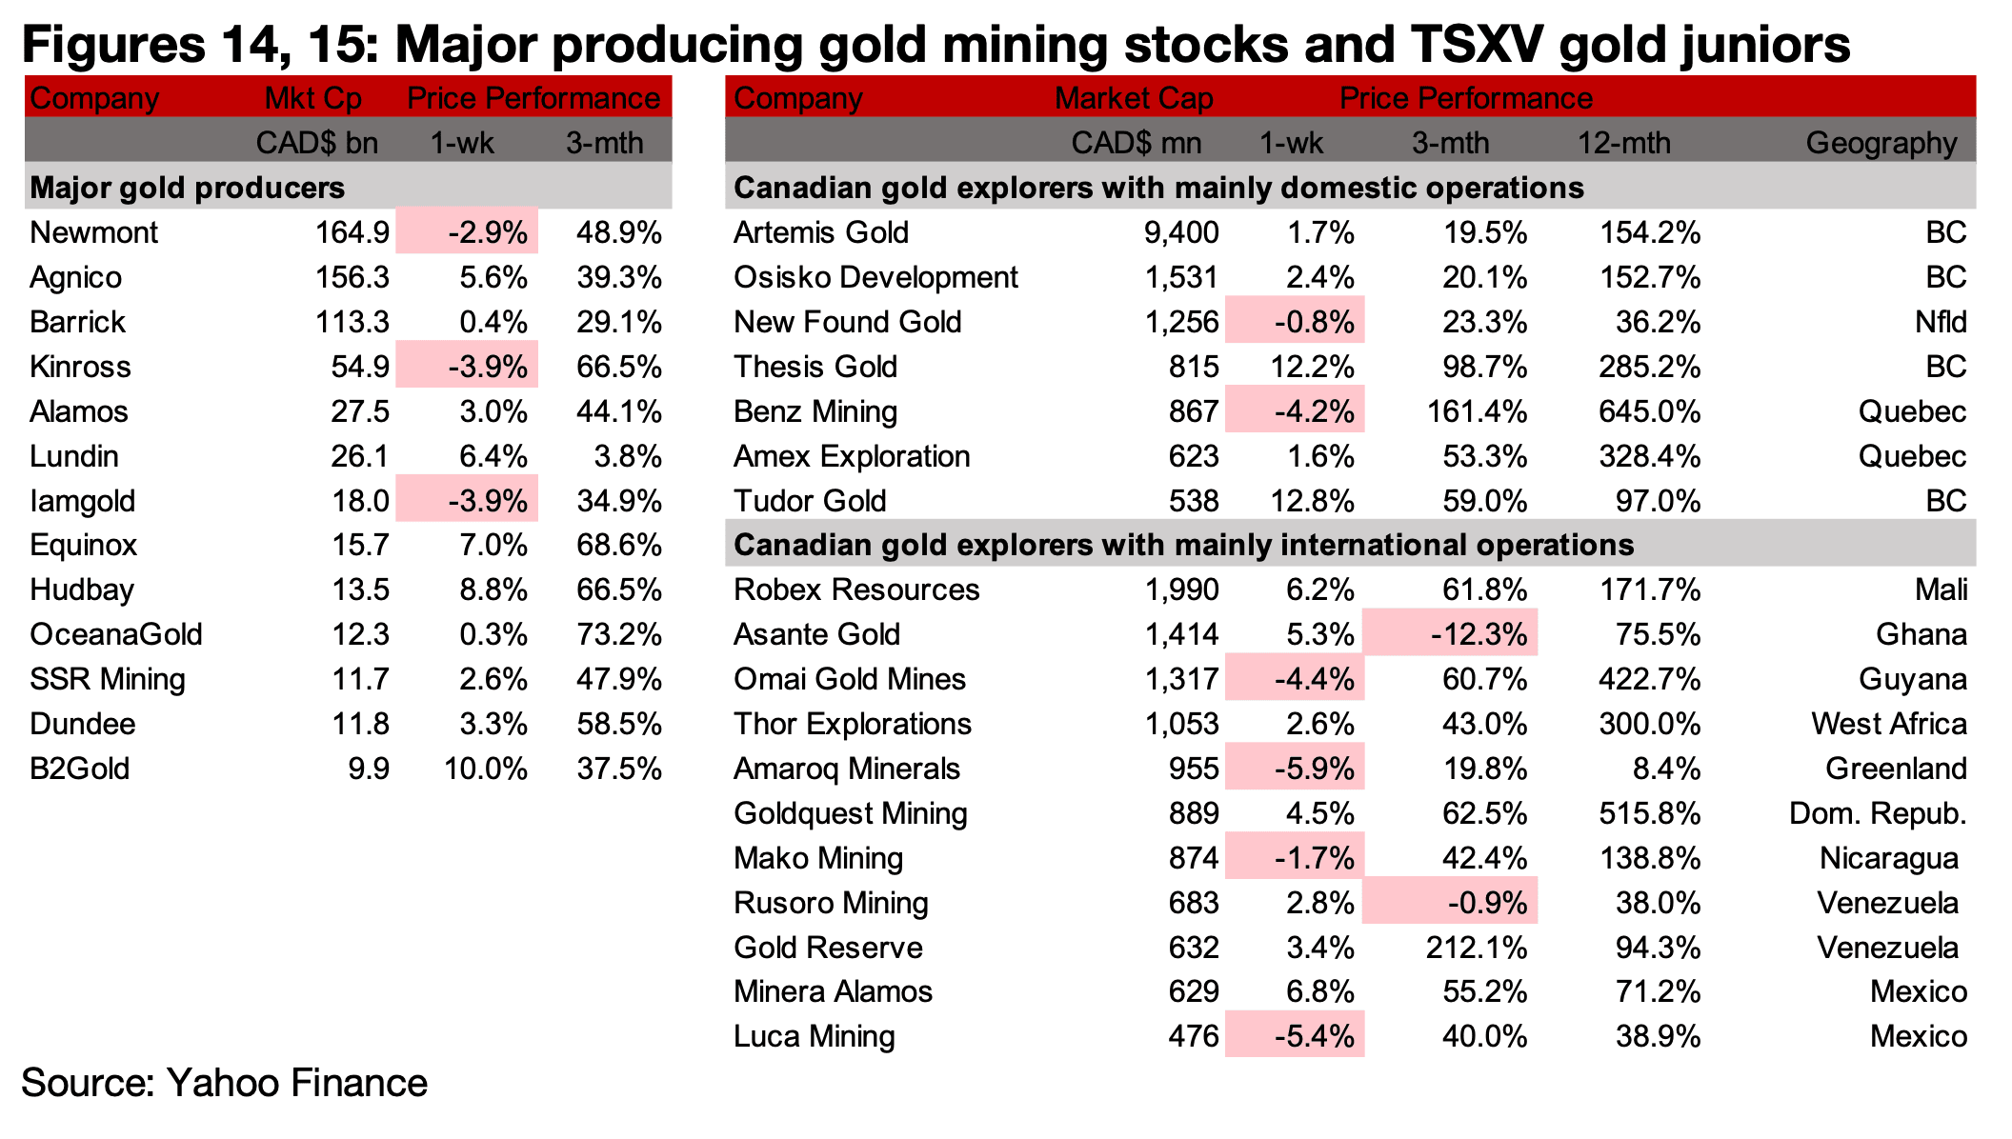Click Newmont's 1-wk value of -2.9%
487,232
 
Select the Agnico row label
76,277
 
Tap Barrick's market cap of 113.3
352,322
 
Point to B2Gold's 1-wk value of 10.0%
486,769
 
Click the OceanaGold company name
116,634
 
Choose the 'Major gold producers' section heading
187,188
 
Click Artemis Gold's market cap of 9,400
1180,232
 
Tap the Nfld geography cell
1941,322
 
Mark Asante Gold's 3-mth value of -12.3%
1479,634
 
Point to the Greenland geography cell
1896,769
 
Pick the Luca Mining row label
815,1036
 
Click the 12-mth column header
1624,143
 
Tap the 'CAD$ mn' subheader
1136,143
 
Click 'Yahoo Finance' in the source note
297,1084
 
